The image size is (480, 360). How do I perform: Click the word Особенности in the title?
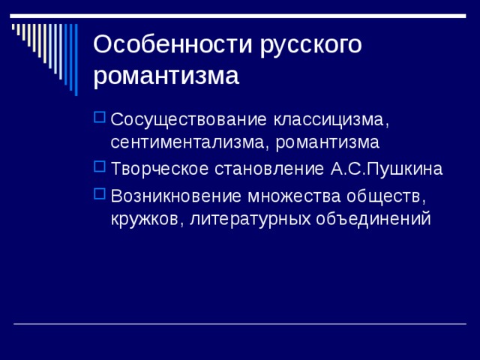point(173,44)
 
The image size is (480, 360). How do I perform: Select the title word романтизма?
point(166,75)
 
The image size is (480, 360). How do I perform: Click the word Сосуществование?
point(188,119)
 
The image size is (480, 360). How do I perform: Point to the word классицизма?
point(331,120)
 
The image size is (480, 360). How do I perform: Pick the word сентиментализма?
point(190,142)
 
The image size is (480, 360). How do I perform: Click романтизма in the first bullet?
point(328,143)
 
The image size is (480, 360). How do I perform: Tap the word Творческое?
point(160,169)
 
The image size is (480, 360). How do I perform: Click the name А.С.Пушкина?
point(386,169)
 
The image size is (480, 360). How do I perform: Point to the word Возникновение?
point(176,196)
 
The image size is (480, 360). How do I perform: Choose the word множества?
point(294,196)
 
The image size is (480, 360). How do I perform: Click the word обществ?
point(386,196)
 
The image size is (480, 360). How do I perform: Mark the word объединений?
point(373,219)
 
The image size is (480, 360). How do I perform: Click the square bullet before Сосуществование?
point(100,118)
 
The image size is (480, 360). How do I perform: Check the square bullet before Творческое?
point(100,166)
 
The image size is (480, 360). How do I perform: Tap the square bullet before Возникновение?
point(100,194)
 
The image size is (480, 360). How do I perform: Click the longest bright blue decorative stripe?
point(76,60)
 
